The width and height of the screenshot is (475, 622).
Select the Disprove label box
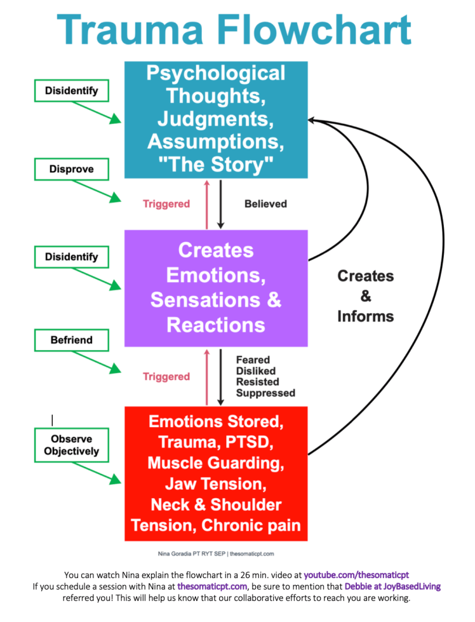pos(71,170)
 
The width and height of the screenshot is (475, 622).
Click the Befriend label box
pos(71,340)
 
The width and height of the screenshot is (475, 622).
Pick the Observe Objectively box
pos(71,445)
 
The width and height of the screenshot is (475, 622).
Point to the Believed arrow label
pos(265,204)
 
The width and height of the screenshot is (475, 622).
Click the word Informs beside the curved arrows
pos(365,316)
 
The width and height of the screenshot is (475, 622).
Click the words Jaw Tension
pos(215,483)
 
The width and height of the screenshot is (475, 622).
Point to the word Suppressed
pos(265,393)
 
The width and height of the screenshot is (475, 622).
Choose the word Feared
pos(253,360)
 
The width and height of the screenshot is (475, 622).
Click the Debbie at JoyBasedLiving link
pos(392,586)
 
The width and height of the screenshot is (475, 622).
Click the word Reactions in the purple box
pos(215,325)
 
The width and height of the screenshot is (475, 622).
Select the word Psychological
pos(216,73)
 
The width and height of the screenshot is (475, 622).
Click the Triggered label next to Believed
pos(166,204)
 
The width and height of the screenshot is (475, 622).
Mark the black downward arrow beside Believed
pos(220,204)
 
